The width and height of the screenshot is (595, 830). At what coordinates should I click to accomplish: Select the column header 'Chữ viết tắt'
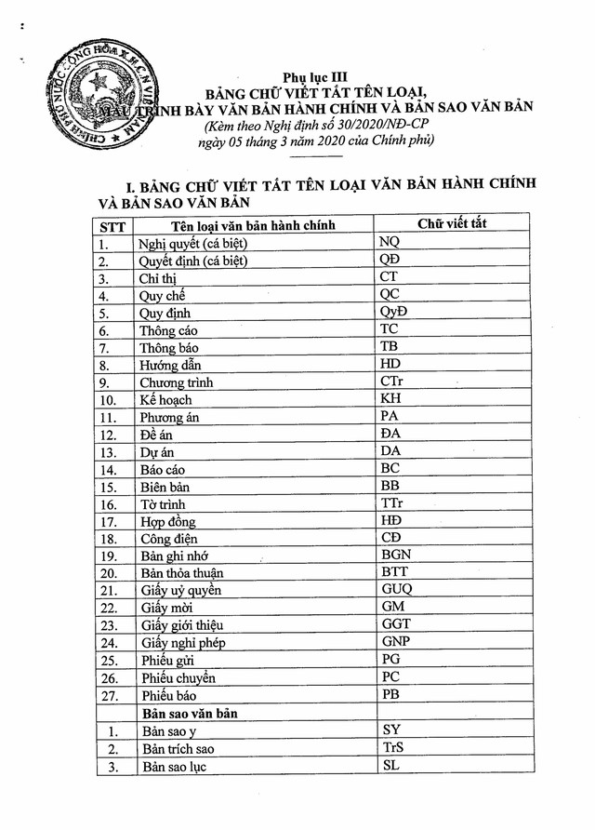[x=452, y=223]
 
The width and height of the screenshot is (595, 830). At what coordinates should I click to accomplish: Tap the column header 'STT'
[x=112, y=226]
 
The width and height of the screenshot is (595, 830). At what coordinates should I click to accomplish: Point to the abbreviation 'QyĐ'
[x=394, y=311]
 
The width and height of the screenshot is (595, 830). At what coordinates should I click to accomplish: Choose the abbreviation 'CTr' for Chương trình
[x=392, y=382]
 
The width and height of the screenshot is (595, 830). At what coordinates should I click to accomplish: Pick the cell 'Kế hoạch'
[x=166, y=400]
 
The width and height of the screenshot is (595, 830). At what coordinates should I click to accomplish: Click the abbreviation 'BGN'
[x=396, y=556]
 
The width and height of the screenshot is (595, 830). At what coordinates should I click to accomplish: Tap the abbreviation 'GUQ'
[x=397, y=590]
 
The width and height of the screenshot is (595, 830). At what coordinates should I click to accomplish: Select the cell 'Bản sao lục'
[x=174, y=767]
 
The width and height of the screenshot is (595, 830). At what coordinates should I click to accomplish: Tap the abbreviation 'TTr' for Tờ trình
[x=392, y=503]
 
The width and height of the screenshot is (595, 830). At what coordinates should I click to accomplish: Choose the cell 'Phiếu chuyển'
[x=178, y=678]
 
